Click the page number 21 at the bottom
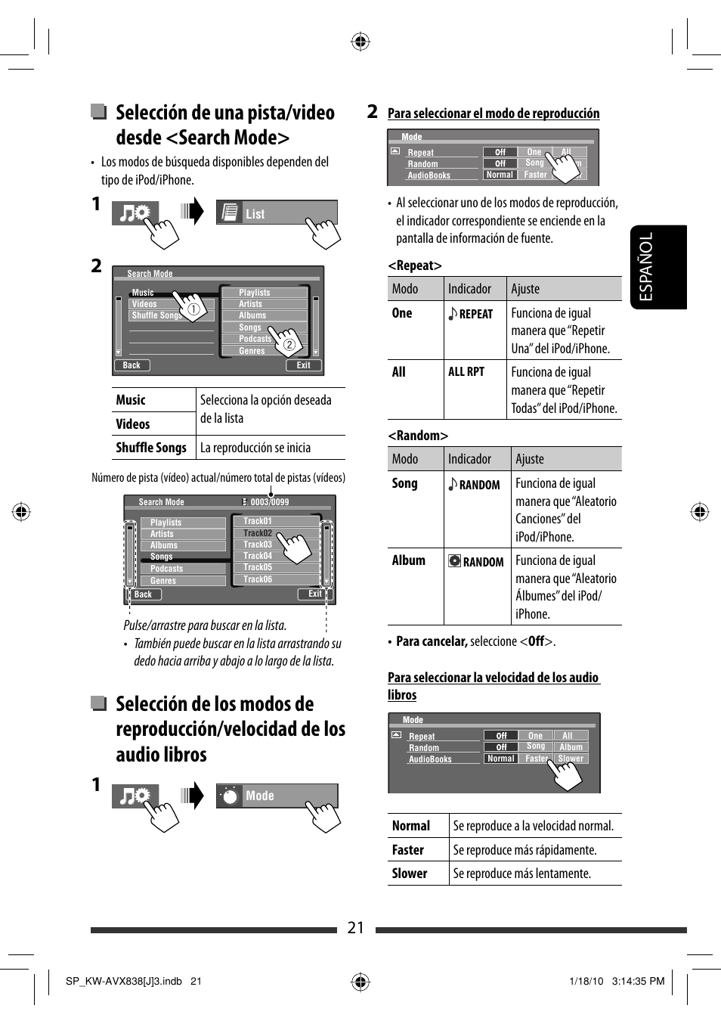coord(356,928)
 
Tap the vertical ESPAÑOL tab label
coord(646,267)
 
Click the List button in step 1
coord(276,213)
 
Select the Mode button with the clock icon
coord(277,796)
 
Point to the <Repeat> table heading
coord(415,265)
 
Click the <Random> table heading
coord(418,436)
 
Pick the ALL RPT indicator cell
coord(466,371)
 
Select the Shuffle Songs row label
coord(151,448)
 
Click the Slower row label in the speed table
coord(410,874)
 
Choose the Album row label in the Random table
coord(409,560)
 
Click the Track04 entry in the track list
coord(258,556)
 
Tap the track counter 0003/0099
coord(269,502)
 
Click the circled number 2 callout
coord(289,345)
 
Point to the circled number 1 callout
coord(193,309)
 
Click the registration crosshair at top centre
coord(360,42)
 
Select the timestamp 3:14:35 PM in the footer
coord(639,982)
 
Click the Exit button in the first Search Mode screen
coord(303,365)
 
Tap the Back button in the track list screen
coord(144,594)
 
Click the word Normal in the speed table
coord(411,826)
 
